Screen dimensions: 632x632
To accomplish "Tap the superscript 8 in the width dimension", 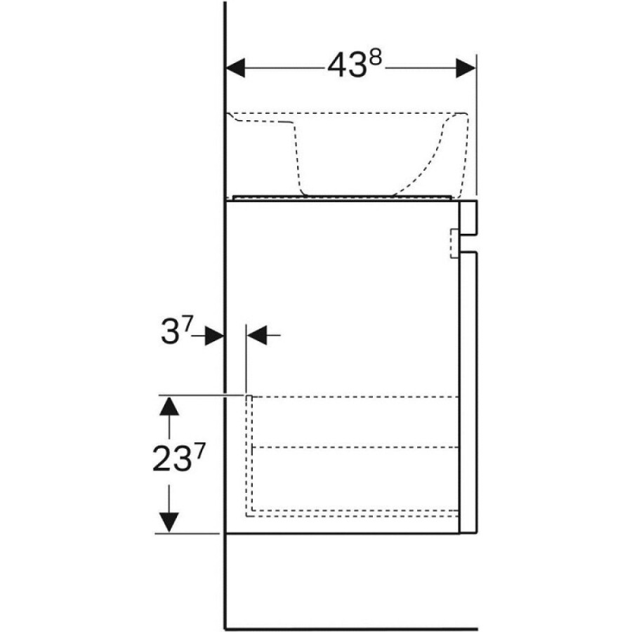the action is pos(375,59).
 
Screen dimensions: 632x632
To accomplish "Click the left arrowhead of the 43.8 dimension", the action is pos(236,67).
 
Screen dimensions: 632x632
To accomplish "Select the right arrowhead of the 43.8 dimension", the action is pos(466,67).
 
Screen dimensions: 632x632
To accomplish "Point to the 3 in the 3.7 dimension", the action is pos(170,333).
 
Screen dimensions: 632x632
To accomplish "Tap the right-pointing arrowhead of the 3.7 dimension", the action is pos(214,336).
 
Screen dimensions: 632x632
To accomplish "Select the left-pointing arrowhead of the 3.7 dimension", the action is pos(256,336).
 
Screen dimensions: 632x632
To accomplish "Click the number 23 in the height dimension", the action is pos(171,460).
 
